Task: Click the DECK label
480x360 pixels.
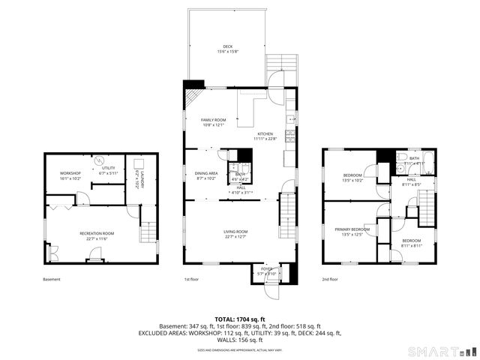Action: pos(227,46)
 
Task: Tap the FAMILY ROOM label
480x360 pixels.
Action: pos(213,120)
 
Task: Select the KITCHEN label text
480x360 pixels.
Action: pos(265,133)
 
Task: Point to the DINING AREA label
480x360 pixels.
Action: pos(205,173)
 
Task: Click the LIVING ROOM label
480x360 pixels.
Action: pos(235,232)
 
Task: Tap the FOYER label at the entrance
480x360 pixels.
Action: pos(267,268)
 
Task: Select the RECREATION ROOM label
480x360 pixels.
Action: pos(97,233)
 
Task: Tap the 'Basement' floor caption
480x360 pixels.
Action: pos(52,279)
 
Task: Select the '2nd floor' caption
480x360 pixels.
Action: pos(330,279)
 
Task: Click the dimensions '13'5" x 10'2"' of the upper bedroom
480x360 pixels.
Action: pos(352,180)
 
